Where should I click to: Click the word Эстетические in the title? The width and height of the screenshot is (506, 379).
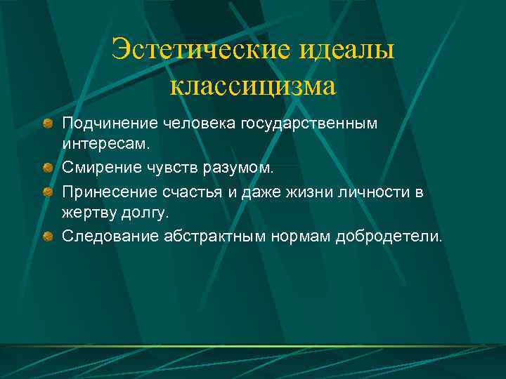[200, 51]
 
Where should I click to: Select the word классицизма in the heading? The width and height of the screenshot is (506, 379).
[253, 86]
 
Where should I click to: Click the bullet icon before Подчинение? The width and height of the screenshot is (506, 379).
[46, 124]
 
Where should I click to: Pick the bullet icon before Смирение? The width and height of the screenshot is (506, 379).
[46, 168]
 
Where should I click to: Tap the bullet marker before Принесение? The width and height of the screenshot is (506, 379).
[46, 191]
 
